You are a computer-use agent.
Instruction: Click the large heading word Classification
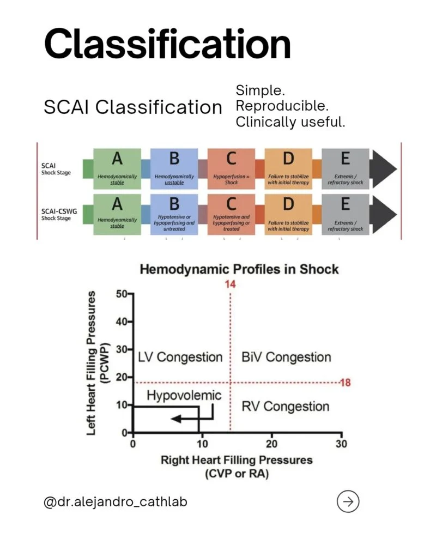point(167,44)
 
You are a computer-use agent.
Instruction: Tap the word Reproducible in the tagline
point(282,106)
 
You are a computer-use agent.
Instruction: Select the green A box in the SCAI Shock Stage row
point(117,168)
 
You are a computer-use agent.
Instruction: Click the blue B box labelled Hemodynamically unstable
point(174,168)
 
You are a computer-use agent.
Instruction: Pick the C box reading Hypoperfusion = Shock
point(231,168)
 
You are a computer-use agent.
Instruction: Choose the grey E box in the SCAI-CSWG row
point(345,214)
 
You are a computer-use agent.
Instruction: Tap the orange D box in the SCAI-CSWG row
point(288,214)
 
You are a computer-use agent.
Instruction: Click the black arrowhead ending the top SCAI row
point(383,169)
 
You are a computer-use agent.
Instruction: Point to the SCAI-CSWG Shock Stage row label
point(59,214)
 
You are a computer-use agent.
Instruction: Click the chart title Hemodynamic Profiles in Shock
point(239,269)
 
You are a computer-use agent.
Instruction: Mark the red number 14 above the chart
point(230,284)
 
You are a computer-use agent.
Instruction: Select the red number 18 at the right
point(345,383)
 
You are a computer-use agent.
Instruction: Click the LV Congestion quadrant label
point(180,357)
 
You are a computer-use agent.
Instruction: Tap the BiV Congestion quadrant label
point(286,357)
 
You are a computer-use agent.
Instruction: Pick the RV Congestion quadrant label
point(286,407)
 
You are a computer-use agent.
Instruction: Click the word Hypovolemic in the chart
point(184,396)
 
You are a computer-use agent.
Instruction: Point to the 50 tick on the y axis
point(122,294)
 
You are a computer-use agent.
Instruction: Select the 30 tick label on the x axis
point(341,444)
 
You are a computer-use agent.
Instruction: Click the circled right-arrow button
point(348,501)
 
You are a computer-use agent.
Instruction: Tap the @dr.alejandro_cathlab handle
point(116,502)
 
